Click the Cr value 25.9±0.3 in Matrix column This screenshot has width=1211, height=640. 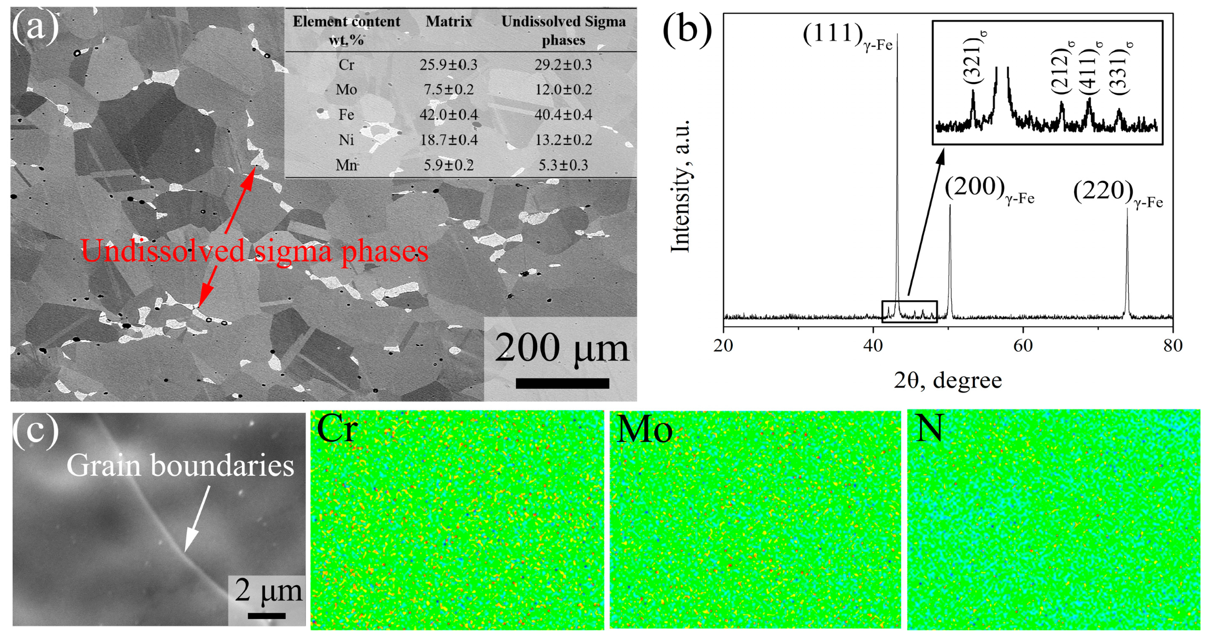(448, 65)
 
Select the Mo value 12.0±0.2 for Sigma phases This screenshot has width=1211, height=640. (563, 89)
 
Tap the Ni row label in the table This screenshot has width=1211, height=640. (346, 140)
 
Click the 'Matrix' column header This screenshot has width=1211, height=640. (448, 22)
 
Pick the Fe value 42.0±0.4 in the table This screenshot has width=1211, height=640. (448, 115)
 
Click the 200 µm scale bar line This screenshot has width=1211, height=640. (562, 383)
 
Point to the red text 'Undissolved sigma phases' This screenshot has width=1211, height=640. (255, 251)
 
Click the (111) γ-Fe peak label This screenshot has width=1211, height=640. (847, 37)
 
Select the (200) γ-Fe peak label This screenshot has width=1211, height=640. (989, 189)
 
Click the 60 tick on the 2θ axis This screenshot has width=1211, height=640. (1023, 346)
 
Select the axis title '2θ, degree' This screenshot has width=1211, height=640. (947, 380)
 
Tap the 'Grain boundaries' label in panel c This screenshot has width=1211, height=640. (180, 466)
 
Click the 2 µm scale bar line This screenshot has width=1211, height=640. (267, 616)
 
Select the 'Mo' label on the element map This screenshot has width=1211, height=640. (644, 430)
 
